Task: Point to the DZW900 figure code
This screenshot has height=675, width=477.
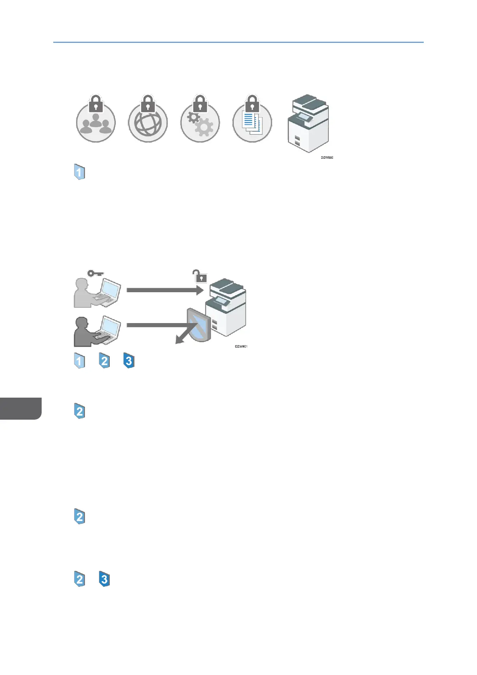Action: pyautogui.click(x=327, y=158)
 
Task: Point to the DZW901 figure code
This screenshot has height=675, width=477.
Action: pyautogui.click(x=241, y=346)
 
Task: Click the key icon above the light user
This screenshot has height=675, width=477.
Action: pyautogui.click(x=95, y=273)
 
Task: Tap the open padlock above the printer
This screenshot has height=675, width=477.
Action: pyautogui.click(x=200, y=276)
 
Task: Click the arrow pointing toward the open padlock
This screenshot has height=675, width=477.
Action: pyautogui.click(x=164, y=290)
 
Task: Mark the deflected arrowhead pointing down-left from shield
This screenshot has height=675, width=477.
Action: pyautogui.click(x=179, y=340)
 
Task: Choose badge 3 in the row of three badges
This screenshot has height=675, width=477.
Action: pyautogui.click(x=129, y=361)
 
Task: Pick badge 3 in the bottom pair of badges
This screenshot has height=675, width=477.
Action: pyautogui.click(x=104, y=579)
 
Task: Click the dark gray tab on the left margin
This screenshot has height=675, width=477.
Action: pyautogui.click(x=20, y=408)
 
